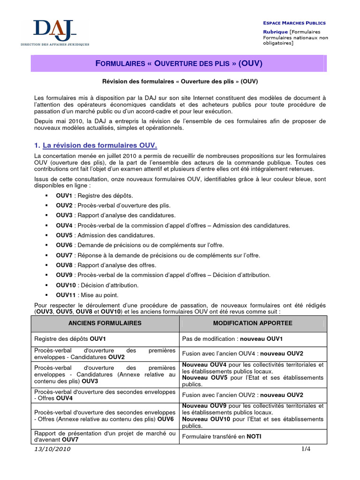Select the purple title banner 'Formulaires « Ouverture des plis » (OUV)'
(179, 63)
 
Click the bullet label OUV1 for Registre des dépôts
(64, 195)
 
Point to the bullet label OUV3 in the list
(64, 215)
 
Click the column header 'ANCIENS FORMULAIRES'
(105, 323)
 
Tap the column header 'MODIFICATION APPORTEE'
(253, 323)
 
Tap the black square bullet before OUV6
(47, 245)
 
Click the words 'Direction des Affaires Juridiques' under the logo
(54, 44)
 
